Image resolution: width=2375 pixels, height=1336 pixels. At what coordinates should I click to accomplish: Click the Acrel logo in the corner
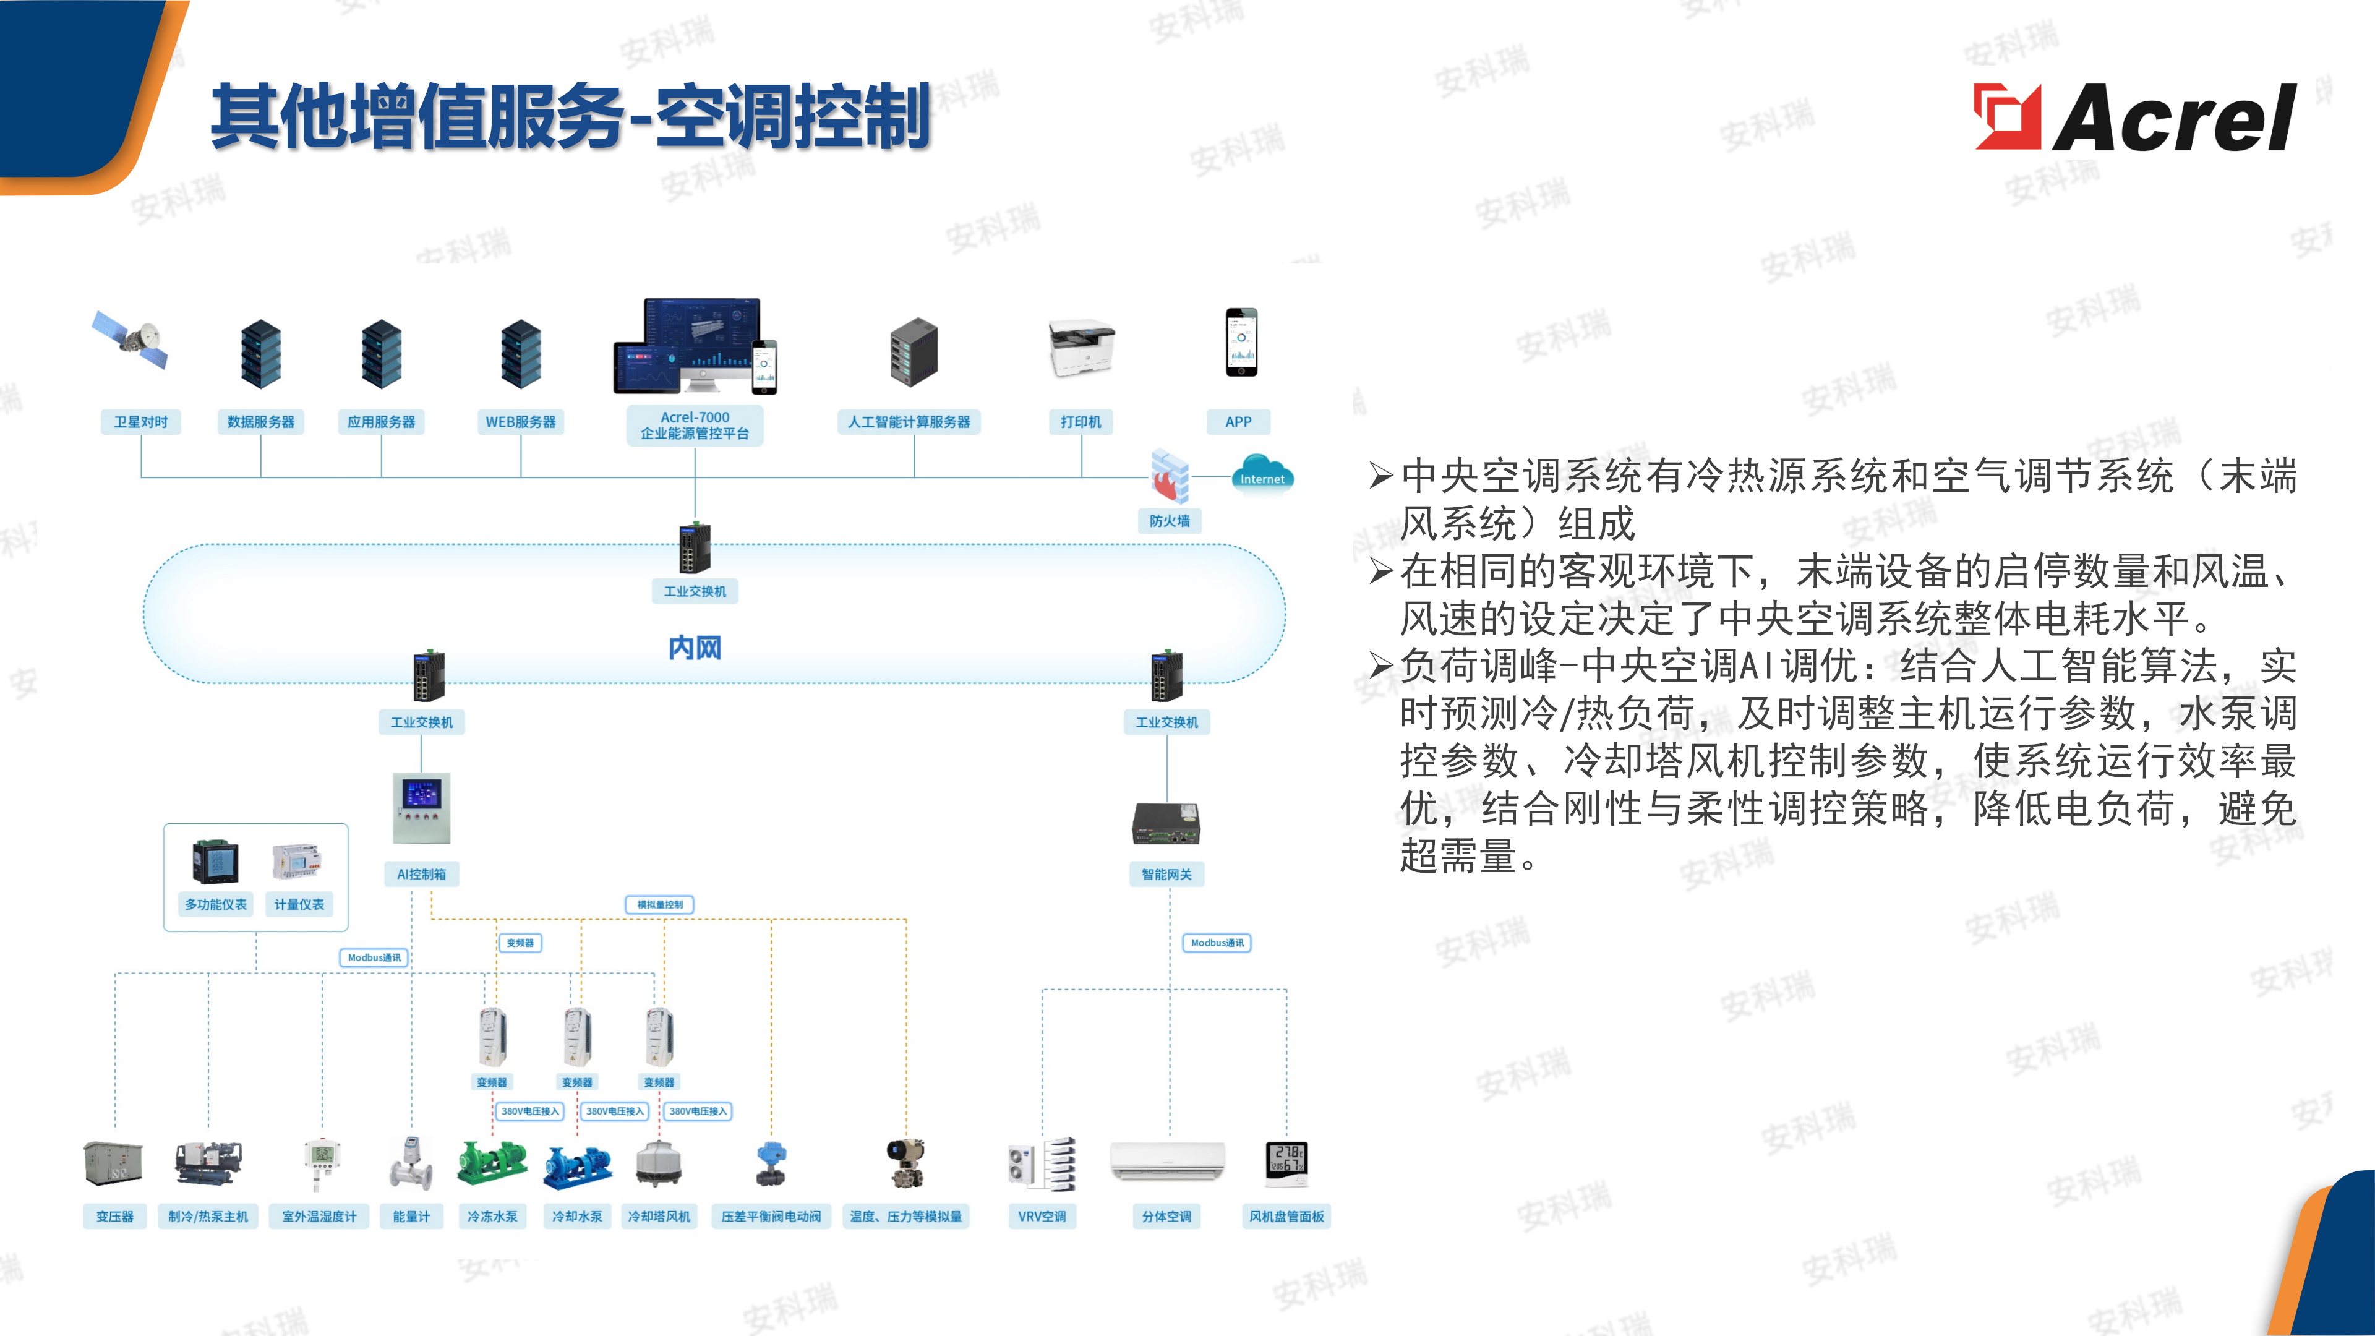coord(2134,117)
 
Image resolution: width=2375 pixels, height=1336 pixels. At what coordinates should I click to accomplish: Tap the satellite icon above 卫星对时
coord(132,340)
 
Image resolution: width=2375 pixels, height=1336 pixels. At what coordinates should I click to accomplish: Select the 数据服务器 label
coord(261,421)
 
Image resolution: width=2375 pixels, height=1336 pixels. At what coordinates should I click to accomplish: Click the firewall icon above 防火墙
coord(1169,476)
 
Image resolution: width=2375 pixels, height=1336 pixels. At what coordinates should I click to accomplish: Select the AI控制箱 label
coord(421,873)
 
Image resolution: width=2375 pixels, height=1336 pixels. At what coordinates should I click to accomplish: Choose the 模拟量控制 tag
coord(660,904)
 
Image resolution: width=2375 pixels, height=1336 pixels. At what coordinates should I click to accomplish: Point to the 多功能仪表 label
coord(216,904)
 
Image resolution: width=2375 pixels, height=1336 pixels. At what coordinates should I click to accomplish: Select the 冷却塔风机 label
coord(659,1216)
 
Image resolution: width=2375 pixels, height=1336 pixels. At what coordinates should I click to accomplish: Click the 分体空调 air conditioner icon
coord(1167,1161)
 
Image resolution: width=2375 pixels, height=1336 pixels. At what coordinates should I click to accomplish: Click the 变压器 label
coord(115,1216)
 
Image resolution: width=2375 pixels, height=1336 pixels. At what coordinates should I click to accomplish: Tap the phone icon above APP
coord(1241,342)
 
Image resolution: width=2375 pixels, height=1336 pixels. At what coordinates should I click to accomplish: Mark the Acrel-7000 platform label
coord(695,425)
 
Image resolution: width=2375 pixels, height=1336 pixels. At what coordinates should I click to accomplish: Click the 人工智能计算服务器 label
coord(909,421)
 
